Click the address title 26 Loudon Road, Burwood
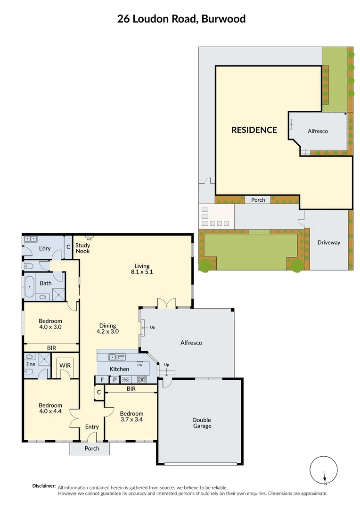(x=181, y=19)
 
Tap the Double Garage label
(x=201, y=423)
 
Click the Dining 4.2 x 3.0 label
(x=108, y=328)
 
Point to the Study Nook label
(x=82, y=248)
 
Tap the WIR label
(x=64, y=365)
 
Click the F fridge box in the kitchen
(x=102, y=379)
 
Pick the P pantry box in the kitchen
(x=114, y=379)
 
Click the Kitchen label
(x=119, y=369)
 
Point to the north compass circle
(x=325, y=470)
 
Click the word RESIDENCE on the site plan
(x=254, y=130)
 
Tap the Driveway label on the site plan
(x=328, y=243)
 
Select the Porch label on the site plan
(x=258, y=200)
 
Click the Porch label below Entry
(x=92, y=448)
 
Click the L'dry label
(x=45, y=248)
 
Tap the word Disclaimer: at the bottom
(x=44, y=486)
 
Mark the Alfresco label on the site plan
(x=318, y=131)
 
